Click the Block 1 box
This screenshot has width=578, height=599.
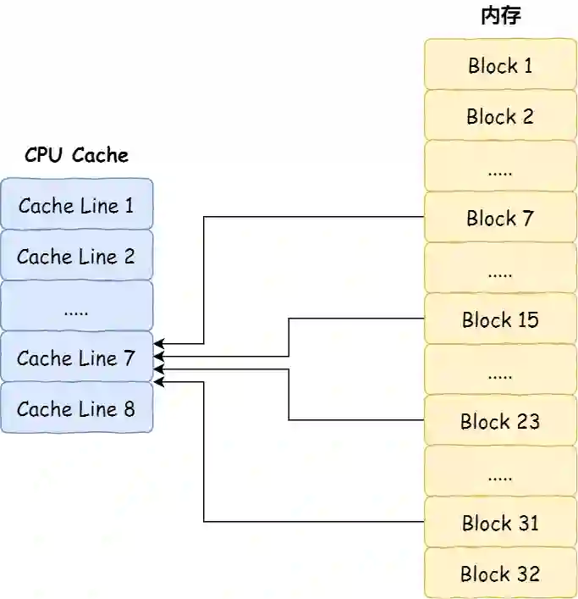pos(499,65)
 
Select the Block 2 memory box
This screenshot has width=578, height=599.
pos(499,116)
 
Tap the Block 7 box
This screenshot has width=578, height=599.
pos(499,218)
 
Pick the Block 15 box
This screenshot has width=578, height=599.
pos(499,319)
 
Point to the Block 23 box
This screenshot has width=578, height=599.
pos(499,421)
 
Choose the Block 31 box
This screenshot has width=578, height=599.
pos(499,523)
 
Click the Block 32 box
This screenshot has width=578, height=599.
pos(499,574)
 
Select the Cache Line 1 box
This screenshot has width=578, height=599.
pos(76,205)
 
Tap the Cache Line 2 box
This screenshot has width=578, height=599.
pos(76,256)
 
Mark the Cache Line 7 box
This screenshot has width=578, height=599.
pos(76,358)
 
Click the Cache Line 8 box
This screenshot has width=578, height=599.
pos(76,408)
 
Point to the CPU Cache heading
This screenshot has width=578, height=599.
pos(76,155)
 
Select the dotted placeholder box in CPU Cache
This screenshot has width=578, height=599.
pos(76,307)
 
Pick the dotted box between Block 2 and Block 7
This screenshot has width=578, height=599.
pos(499,167)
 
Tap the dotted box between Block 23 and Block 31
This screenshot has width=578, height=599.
pos(499,472)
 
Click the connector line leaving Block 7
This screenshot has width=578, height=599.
pos(313,217)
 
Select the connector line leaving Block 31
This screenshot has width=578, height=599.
pos(313,521)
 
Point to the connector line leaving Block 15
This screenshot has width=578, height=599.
pos(355,319)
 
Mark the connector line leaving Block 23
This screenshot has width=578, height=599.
pos(355,419)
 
